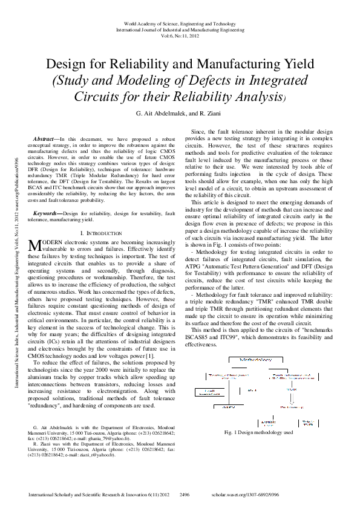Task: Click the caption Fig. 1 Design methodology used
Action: tap(258, 433)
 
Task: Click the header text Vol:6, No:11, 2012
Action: tap(180, 35)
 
